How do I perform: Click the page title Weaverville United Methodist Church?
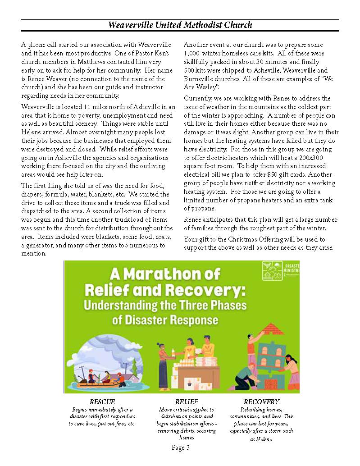(180, 25)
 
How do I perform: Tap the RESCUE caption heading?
(102, 402)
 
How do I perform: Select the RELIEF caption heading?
(187, 402)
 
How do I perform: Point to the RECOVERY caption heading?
(261, 402)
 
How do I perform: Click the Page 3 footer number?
(181, 448)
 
